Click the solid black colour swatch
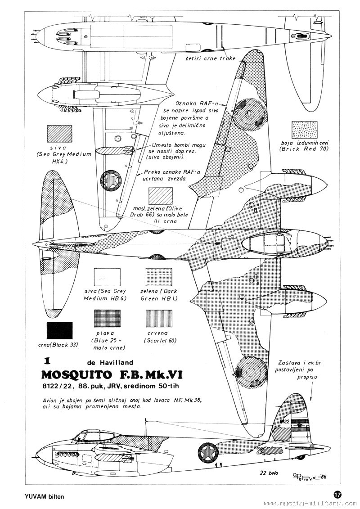click(x=59, y=331)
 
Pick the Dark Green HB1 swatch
click(x=157, y=279)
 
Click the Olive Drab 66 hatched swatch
click(x=161, y=197)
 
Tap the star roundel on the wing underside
click(x=110, y=181)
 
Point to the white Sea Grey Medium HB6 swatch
click(x=107, y=279)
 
